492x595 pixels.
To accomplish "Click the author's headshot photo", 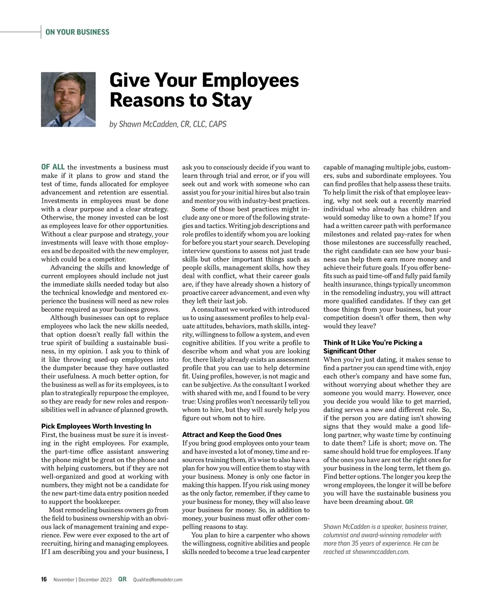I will [68, 99].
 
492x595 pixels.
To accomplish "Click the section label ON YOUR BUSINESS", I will [77, 32].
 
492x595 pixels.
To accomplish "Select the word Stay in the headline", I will [232, 100].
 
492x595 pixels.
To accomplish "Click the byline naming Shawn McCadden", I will [168, 124].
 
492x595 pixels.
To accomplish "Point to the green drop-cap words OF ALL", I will [53, 167].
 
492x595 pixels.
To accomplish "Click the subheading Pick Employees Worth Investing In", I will [96, 426].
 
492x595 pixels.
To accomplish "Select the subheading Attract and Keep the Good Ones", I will [232, 435].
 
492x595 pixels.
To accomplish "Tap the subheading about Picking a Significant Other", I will [372, 347].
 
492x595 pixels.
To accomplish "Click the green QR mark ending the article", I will [409, 502].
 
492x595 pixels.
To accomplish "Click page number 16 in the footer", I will [44, 579].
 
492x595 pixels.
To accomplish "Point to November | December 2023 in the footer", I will [82, 580].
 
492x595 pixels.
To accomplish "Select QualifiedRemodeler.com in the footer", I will [158, 580].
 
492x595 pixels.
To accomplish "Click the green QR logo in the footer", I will [122, 579].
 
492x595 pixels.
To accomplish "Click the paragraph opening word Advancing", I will [66, 268].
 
